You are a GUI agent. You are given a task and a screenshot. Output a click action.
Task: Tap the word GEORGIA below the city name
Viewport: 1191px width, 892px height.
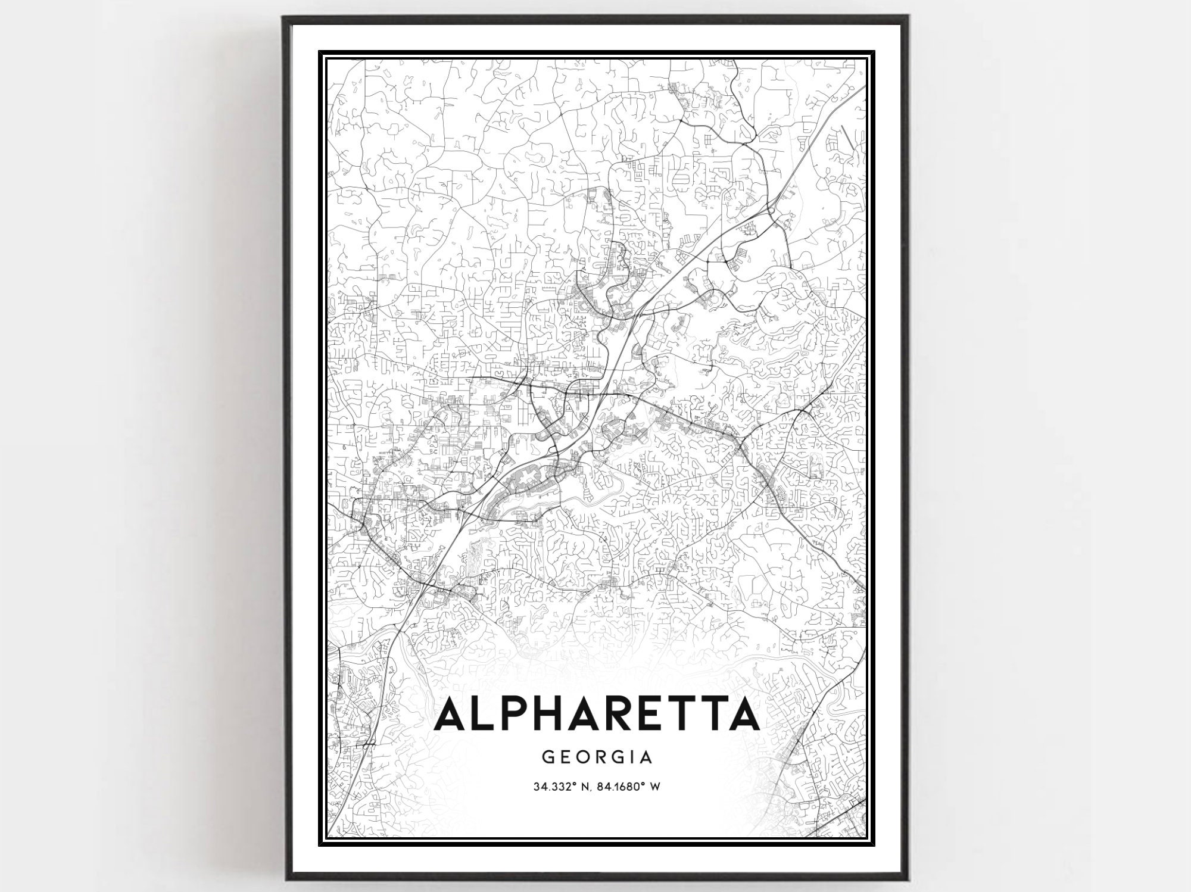click(x=597, y=757)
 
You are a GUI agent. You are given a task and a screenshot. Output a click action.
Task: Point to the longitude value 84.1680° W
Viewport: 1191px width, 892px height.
click(x=629, y=787)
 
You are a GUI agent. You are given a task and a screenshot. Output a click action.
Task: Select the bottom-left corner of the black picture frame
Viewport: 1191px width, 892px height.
click(x=284, y=881)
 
